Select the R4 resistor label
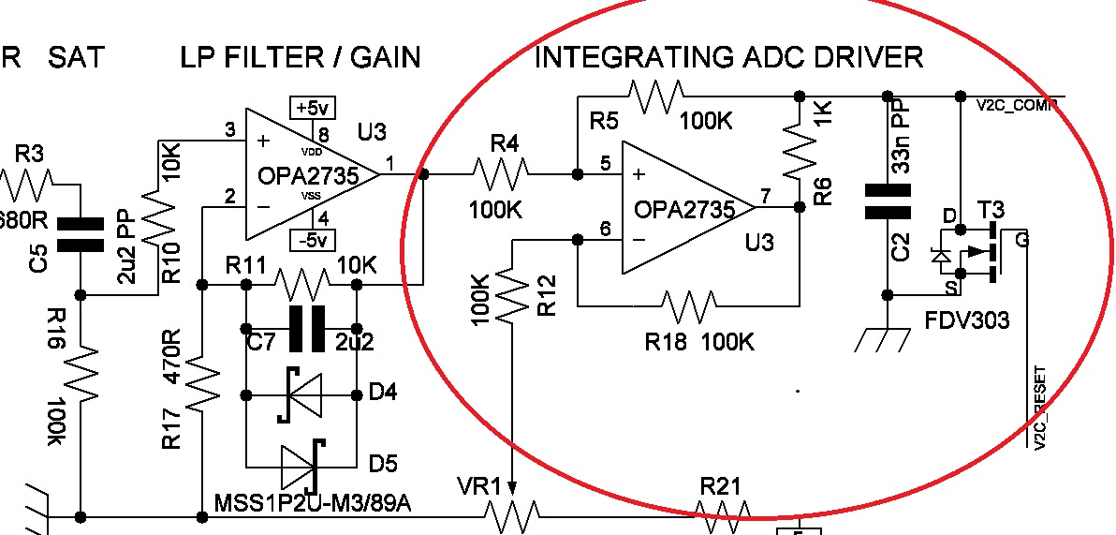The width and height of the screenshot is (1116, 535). tap(506, 144)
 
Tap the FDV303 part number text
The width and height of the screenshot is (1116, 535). tap(967, 320)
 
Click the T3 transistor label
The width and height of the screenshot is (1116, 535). tap(990, 209)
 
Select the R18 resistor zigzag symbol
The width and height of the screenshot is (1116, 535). tap(692, 305)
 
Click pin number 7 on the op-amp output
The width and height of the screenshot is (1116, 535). tap(767, 196)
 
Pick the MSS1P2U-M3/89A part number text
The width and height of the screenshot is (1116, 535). tap(314, 505)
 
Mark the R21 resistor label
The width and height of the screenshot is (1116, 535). tap(721, 486)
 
